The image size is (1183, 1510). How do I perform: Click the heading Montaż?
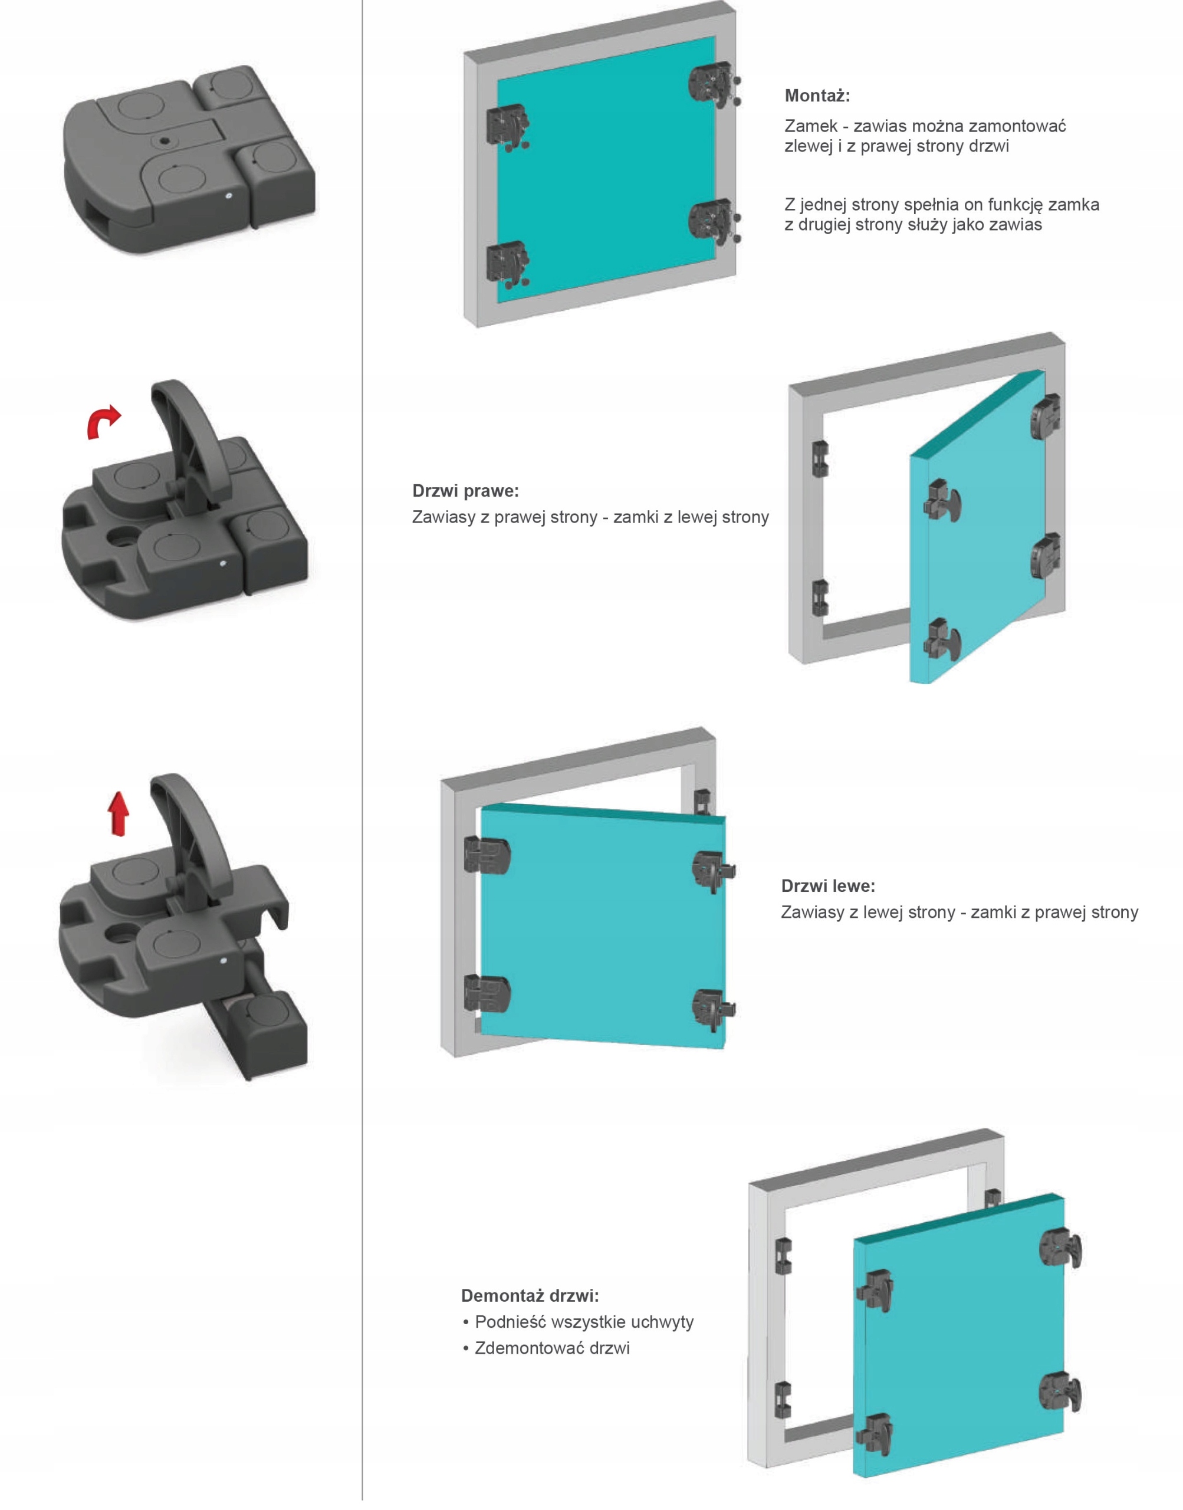pyautogui.click(x=817, y=96)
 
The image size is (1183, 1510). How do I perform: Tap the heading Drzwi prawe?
pyautogui.click(x=465, y=491)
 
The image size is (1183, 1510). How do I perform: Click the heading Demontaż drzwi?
pyautogui.click(x=530, y=1296)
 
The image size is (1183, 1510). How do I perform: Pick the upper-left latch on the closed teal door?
pyautogui.click(x=508, y=127)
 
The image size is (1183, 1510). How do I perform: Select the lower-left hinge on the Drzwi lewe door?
pyautogui.click(x=487, y=993)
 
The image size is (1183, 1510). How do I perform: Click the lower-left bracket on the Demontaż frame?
pyautogui.click(x=783, y=1399)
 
